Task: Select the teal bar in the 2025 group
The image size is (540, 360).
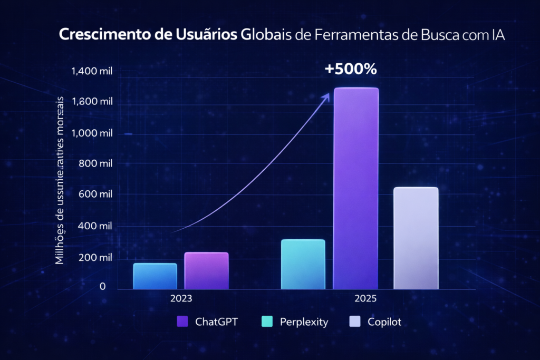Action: coord(303,264)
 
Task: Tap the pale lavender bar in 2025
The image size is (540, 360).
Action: coord(416,238)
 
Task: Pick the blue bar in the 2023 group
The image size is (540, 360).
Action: coord(155,276)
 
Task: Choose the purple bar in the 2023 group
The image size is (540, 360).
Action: coord(206,270)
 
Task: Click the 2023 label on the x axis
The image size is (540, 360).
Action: coord(181,298)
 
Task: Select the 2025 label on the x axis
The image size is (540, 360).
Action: coord(365,298)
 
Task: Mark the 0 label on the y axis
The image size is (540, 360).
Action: coord(102,287)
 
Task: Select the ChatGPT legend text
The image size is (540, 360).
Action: coord(216,322)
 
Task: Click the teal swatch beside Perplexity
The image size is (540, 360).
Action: coord(267,322)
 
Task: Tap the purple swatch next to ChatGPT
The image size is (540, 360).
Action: coord(183,322)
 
